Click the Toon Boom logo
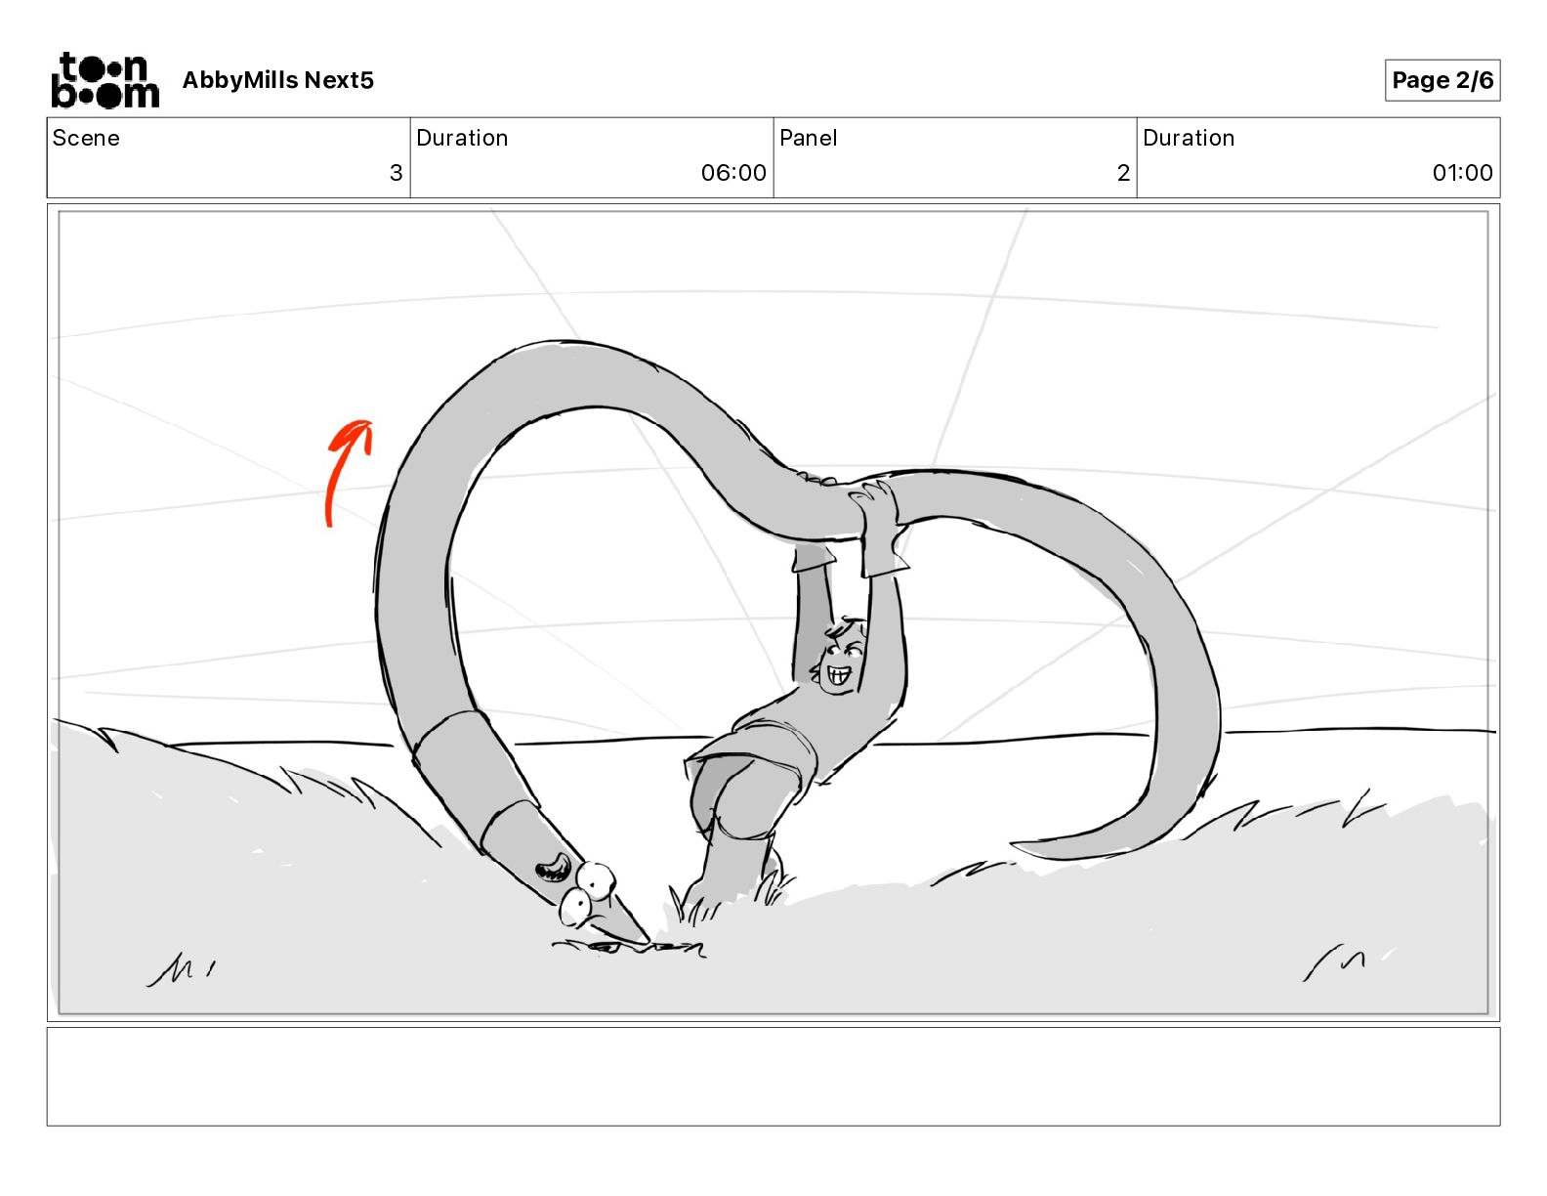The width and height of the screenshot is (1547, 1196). click(105, 80)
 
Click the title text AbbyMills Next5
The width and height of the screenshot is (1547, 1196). click(277, 80)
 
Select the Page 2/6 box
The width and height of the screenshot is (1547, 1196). click(1442, 80)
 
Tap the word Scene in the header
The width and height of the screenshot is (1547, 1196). click(85, 138)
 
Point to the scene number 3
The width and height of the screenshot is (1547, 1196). click(396, 172)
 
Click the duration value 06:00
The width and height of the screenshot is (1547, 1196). click(733, 172)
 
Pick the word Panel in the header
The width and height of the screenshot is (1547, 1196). click(808, 138)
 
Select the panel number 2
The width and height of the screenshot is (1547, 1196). click(1123, 172)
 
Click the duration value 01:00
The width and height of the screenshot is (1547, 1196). click(1462, 172)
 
